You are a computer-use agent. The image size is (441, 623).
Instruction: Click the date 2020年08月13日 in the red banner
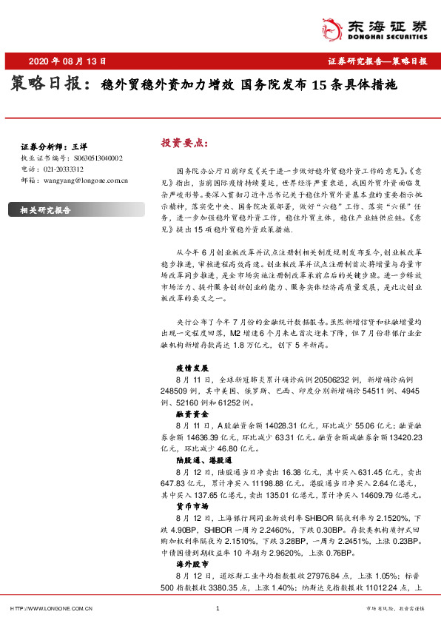(67, 61)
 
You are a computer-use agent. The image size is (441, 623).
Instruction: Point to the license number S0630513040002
(98, 158)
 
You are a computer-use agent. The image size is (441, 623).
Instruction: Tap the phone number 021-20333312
(64, 169)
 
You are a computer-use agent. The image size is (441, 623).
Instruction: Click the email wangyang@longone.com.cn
(81, 179)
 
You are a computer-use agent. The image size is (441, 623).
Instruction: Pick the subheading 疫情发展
(193, 367)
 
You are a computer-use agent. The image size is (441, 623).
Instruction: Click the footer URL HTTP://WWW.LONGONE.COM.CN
(51, 609)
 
